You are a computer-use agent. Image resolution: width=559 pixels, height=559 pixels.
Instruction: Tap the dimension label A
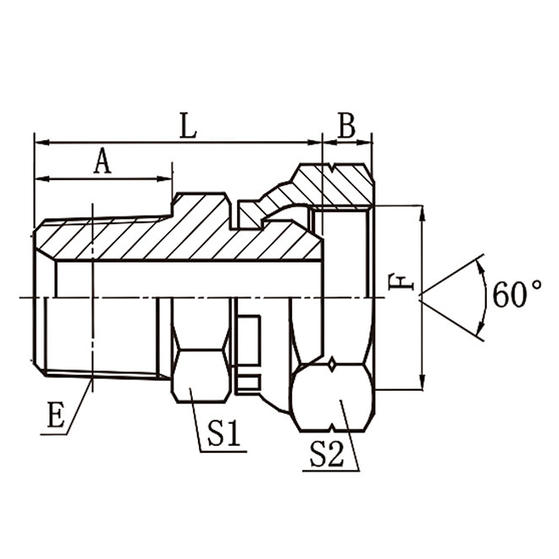102,161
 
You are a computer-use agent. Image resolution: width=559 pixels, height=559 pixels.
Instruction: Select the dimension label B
347,125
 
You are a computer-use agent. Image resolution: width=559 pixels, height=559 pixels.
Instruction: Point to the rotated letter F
396,282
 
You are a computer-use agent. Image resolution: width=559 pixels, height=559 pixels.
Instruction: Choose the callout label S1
223,434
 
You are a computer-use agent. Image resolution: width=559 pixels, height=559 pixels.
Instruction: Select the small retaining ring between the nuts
248,340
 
